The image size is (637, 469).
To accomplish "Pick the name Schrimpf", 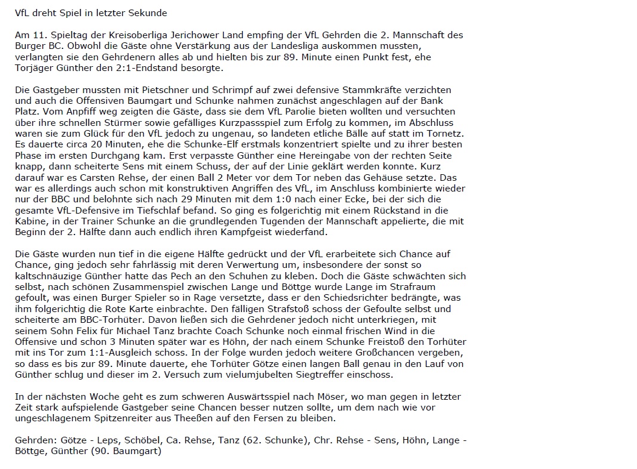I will coord(209,90).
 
